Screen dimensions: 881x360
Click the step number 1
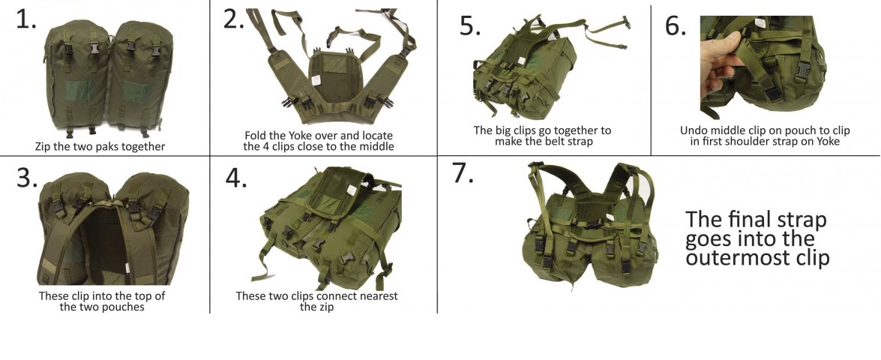pos(25,19)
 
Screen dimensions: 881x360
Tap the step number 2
pos(234,19)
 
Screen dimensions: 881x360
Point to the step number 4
pos(236,178)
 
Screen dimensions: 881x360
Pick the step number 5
pos(470,25)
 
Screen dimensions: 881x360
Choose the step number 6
pos(676,25)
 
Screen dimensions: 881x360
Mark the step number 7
pos(463,173)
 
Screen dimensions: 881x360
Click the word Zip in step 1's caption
pos(43,147)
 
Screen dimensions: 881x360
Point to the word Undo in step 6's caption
pos(694,130)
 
